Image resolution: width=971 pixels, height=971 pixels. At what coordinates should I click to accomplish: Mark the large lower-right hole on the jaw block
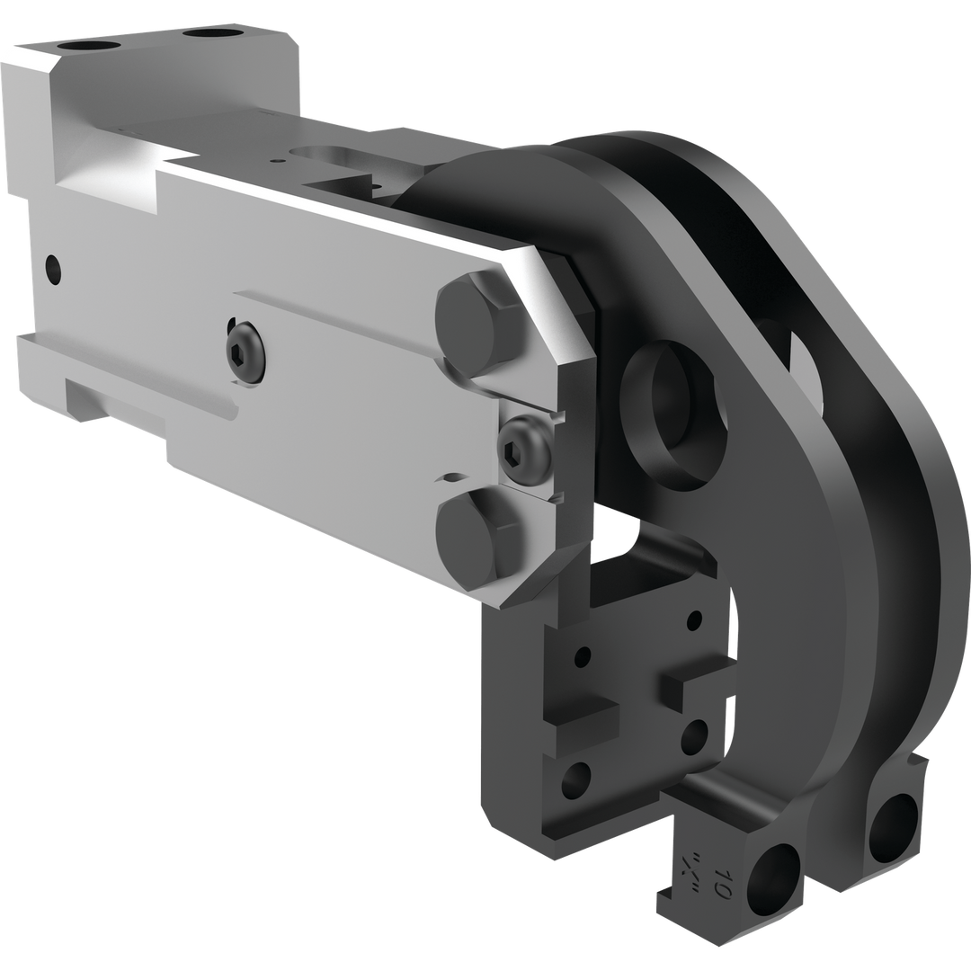coord(695,737)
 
